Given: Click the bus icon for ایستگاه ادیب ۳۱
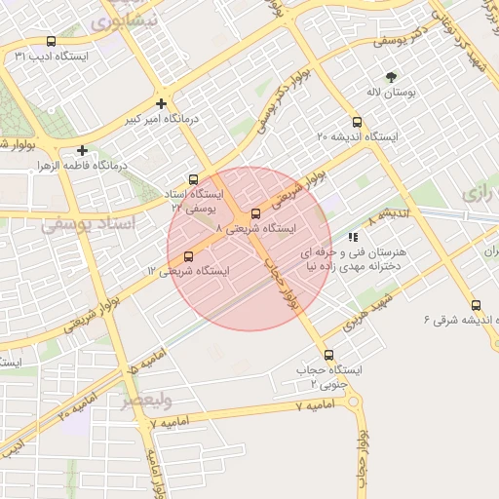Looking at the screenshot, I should (51, 42).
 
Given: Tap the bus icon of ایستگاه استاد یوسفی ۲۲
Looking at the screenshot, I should (194, 179).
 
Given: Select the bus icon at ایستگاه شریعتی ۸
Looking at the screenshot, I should (255, 213).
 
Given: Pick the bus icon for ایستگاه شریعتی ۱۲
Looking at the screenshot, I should (188, 256).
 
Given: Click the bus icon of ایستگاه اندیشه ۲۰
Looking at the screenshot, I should (357, 123).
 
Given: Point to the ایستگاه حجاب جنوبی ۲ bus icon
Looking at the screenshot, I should (327, 355).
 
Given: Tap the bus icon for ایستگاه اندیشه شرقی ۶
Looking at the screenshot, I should (476, 305).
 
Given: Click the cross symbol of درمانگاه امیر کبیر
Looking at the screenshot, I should (162, 103).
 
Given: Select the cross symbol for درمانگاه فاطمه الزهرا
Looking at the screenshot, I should (83, 151).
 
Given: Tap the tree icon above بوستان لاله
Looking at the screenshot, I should (392, 76).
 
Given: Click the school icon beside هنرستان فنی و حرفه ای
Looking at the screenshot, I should (352, 236).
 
